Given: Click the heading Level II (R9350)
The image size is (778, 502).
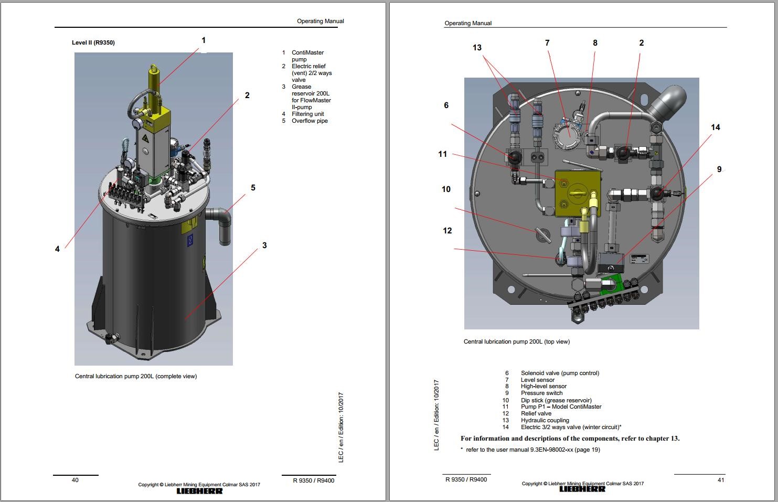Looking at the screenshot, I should click(x=93, y=42).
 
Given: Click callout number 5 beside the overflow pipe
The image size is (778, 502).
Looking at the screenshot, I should click(x=253, y=188).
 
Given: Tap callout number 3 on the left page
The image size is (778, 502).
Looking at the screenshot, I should click(x=264, y=245).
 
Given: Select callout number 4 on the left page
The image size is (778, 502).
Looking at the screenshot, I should click(x=57, y=249).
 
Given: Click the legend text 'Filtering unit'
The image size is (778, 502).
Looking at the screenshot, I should click(x=307, y=114).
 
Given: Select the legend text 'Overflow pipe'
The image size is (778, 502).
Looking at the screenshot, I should click(x=310, y=121).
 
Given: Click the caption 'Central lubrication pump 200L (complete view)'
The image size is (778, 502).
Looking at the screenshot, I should click(x=136, y=376).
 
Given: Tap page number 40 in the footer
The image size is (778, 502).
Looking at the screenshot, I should click(x=75, y=480).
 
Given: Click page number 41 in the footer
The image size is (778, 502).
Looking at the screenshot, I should click(x=720, y=480).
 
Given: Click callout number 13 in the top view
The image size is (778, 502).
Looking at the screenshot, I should click(x=477, y=48).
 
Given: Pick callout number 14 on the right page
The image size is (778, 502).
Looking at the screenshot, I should click(x=715, y=127).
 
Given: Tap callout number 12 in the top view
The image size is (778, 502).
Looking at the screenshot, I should click(x=447, y=231).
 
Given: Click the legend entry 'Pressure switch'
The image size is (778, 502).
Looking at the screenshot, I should click(x=541, y=393).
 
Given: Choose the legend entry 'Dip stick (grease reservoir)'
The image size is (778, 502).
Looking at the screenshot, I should click(x=556, y=400).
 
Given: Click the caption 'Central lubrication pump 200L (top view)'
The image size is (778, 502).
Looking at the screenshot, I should click(x=516, y=341).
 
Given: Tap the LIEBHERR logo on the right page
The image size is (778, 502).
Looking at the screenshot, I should click(x=582, y=489).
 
